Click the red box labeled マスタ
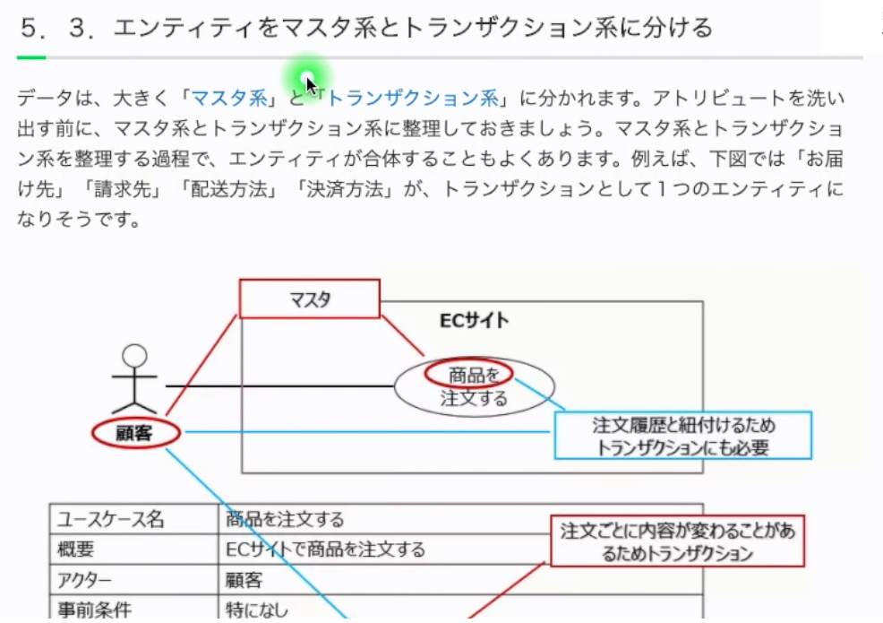pos(309,299)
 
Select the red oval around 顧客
pos(136,434)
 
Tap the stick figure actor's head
pos(134,355)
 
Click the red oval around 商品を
pos(468,373)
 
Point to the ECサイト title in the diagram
pos(474,320)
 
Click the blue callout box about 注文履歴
pos(682,436)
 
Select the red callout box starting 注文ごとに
pos(677,541)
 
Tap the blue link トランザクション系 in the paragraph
pos(411,97)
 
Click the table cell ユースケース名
pos(111,519)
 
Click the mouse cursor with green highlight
pos(309,82)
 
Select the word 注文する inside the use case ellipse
pos(474,398)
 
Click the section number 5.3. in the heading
pos(57,28)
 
